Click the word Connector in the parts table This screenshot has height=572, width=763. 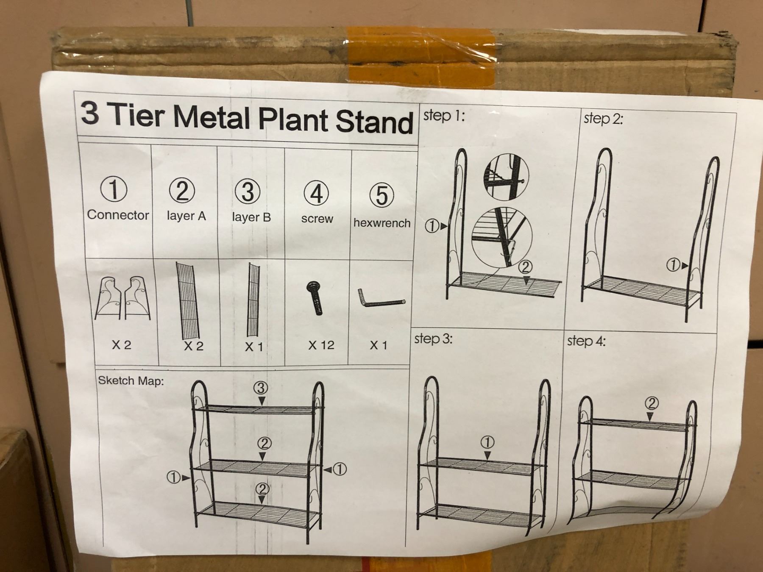118,215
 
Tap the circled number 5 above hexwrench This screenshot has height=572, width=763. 381,195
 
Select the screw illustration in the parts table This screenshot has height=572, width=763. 315,298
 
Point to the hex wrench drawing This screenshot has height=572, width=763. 381,299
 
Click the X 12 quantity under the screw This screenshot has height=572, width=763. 321,345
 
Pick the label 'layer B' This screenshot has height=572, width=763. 251,217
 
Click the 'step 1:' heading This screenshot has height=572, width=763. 444,116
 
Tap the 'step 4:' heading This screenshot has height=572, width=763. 586,341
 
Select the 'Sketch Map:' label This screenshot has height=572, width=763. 131,380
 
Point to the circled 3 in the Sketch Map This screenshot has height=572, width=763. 261,388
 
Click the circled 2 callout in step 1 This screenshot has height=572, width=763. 525,267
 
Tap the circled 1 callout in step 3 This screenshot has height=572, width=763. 487,443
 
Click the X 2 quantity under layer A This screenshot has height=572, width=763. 193,346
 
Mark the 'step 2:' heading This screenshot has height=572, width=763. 604,119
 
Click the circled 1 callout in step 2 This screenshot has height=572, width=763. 673,265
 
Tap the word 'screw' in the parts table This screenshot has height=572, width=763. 317,219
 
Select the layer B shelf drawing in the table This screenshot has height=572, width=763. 253,300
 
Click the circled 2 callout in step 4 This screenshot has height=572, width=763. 652,403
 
